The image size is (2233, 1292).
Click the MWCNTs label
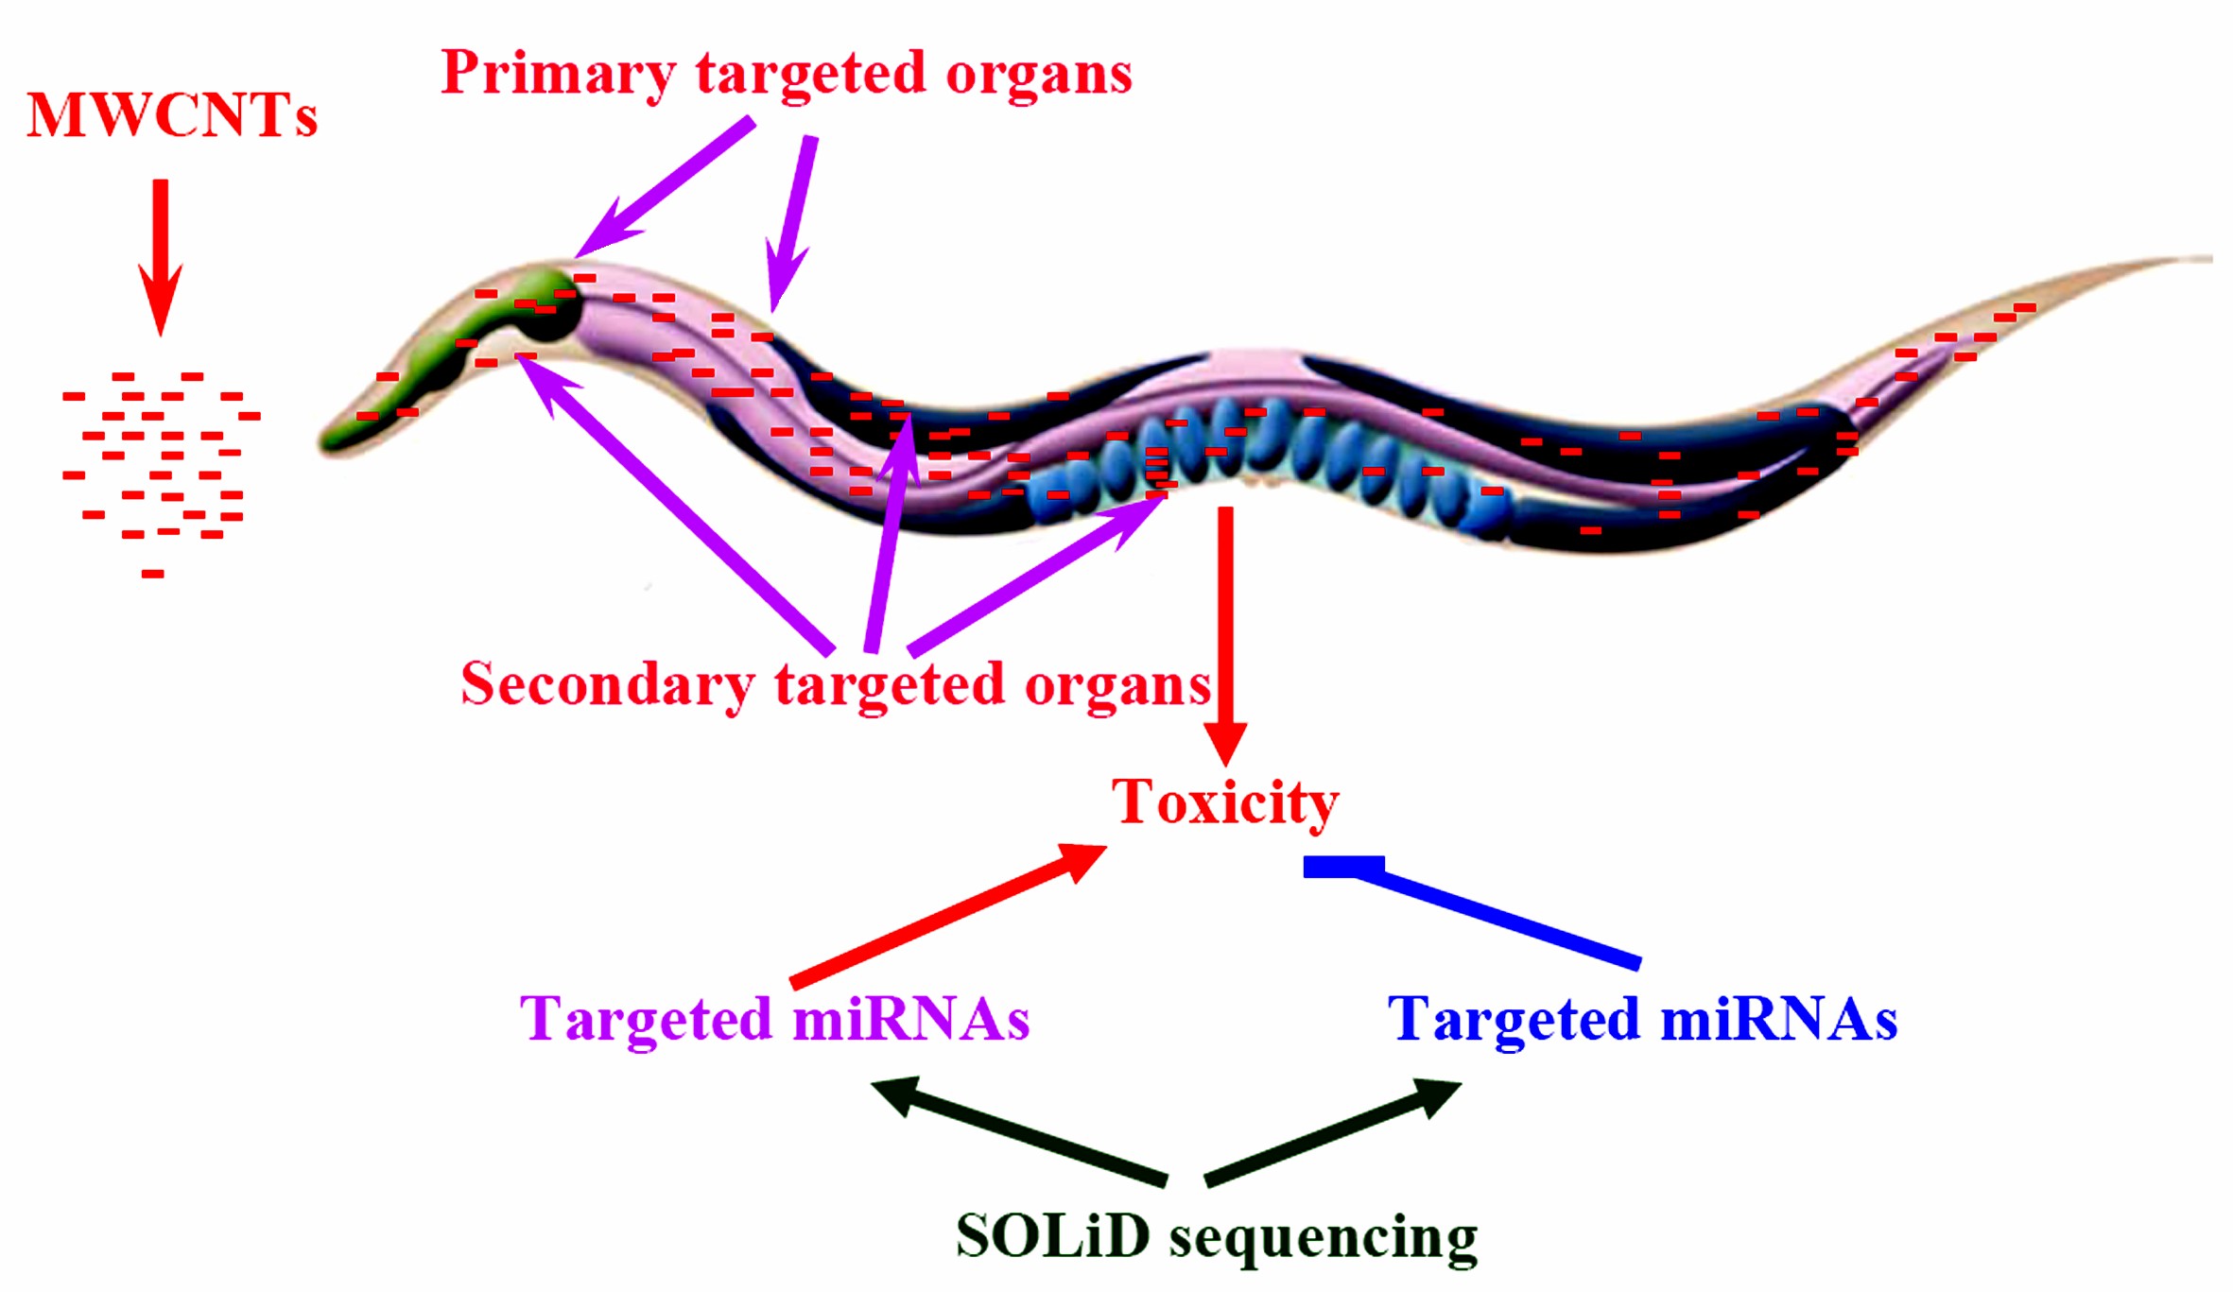pyautogui.click(x=171, y=116)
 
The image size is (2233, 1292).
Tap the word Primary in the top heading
pyautogui.click(x=558, y=74)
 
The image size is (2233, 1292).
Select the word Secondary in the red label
pyautogui.click(x=607, y=684)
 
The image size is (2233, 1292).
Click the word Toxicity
pyautogui.click(x=1224, y=802)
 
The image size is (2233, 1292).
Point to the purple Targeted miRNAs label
pyautogui.click(x=774, y=1020)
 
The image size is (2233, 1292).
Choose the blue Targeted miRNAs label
pyautogui.click(x=1642, y=1020)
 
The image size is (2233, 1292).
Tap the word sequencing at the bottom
pyautogui.click(x=1324, y=1237)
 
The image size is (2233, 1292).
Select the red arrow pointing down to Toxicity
pyautogui.click(x=1225, y=633)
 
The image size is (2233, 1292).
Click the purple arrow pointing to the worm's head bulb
pyautogui.click(x=662, y=189)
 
